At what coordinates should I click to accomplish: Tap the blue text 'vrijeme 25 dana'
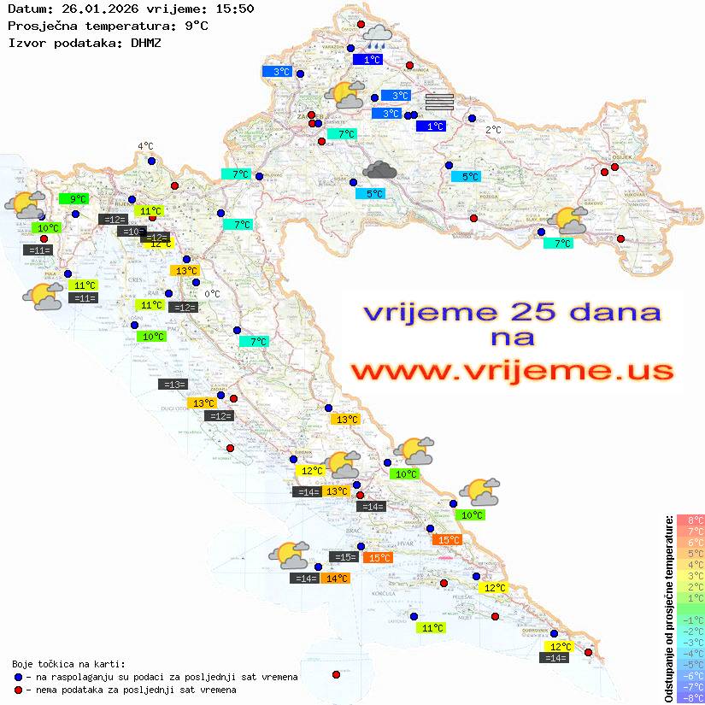click(511, 312)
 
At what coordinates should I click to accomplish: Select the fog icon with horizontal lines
click(438, 102)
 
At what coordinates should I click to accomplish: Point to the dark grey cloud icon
click(379, 171)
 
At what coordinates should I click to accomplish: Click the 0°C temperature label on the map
click(212, 294)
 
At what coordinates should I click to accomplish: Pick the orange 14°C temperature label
click(336, 579)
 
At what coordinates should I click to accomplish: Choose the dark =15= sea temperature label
click(344, 557)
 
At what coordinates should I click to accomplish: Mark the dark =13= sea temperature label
click(173, 385)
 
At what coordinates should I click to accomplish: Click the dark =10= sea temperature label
click(132, 232)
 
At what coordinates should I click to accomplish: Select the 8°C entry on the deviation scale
click(690, 520)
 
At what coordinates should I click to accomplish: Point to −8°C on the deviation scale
click(690, 697)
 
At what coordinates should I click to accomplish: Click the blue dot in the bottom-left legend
click(18, 677)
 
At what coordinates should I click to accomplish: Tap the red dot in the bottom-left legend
click(18, 690)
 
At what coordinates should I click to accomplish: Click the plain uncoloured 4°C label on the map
click(145, 146)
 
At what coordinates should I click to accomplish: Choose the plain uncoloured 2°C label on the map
click(494, 130)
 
